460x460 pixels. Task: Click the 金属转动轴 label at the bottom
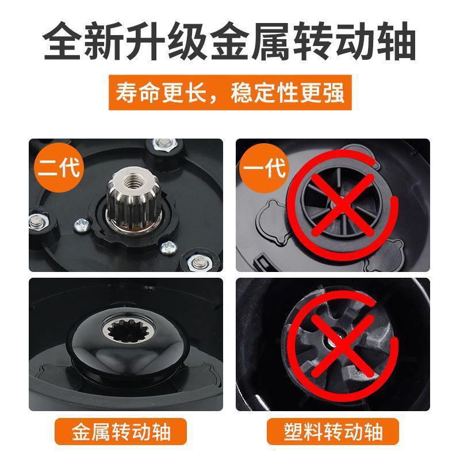(x=121, y=431)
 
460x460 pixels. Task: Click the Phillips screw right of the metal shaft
(x=168, y=248)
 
